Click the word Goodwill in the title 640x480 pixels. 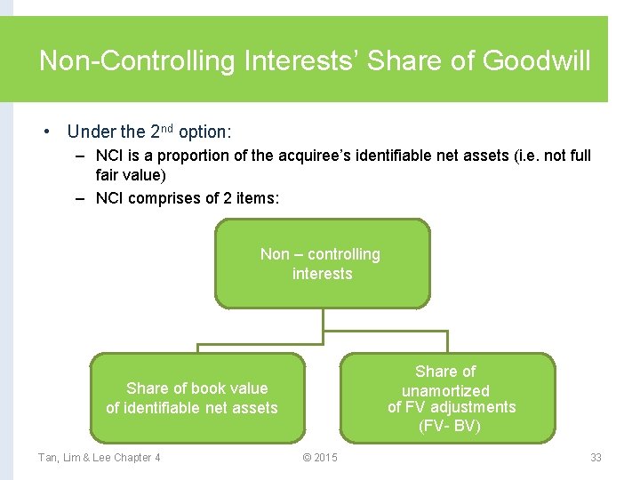point(536,61)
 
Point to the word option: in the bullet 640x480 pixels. point(204,132)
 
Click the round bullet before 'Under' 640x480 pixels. point(46,132)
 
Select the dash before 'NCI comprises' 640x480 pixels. point(80,198)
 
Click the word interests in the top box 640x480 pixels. point(322,274)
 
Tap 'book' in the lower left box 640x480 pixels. point(204,388)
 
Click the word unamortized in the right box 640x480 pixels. point(445,391)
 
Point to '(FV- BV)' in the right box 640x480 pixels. point(450,426)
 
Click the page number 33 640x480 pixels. point(596,458)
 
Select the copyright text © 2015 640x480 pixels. point(320,458)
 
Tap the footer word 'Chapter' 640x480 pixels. point(132,458)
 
